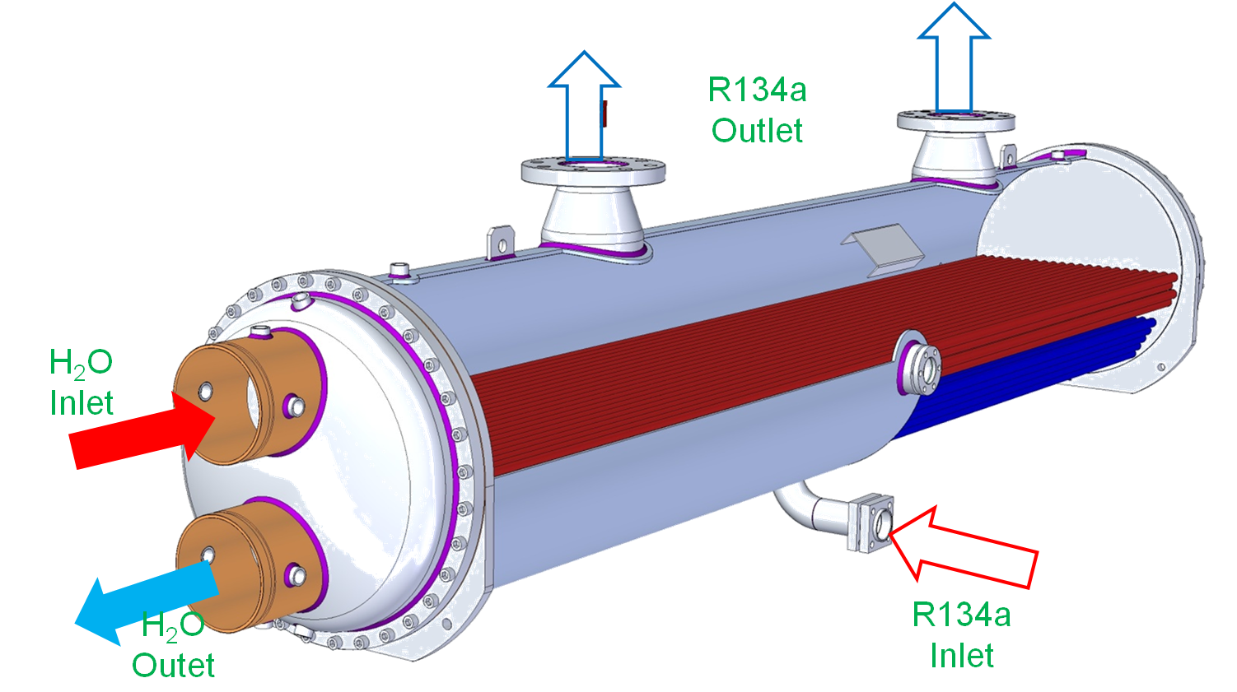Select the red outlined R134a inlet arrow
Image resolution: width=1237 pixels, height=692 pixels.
pyautogui.click(x=964, y=547)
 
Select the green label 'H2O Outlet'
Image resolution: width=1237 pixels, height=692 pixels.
pyautogui.click(x=173, y=646)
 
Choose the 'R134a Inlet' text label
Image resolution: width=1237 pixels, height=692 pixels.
pyautogui.click(x=961, y=634)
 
